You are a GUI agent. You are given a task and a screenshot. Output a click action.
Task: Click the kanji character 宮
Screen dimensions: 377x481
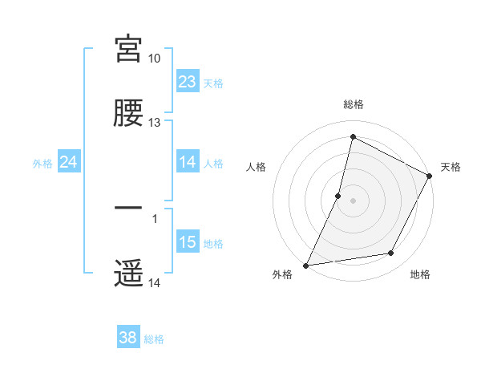[128, 49]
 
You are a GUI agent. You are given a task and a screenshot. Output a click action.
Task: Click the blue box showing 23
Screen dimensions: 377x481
[188, 82]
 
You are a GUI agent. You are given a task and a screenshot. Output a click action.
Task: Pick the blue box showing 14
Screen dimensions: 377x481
[188, 162]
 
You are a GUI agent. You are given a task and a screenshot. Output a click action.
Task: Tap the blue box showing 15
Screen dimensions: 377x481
[188, 242]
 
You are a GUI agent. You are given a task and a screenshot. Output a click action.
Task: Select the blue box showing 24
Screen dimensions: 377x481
[69, 162]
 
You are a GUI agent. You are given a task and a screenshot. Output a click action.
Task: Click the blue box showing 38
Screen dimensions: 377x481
[128, 338]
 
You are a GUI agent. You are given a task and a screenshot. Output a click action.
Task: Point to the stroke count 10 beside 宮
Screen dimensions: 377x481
[155, 59]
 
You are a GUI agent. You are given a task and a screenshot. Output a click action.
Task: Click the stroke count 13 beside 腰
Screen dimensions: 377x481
[155, 123]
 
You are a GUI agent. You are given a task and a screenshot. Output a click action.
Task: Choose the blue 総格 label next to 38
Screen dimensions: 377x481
[155, 339]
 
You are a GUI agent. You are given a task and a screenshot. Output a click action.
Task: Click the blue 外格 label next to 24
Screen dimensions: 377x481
[42, 163]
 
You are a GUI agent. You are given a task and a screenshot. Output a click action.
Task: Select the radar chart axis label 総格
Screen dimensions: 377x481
[354, 104]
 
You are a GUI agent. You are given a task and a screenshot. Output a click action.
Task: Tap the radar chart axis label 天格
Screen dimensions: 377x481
[451, 167]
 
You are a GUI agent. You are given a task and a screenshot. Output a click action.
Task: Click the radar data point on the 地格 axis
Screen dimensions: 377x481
[391, 253]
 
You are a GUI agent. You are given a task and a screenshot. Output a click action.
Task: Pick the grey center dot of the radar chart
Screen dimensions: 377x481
[354, 199]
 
